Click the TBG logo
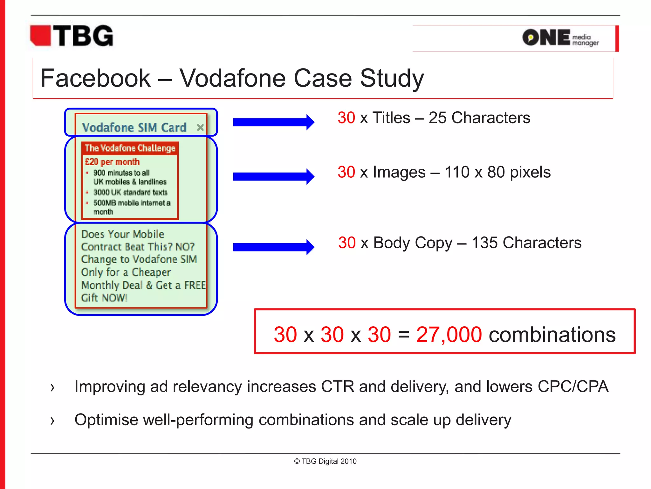tap(72, 36)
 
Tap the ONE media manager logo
tap(560, 38)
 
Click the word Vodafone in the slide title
tap(233, 78)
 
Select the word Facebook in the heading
tap(95, 78)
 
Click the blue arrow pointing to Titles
tap(273, 122)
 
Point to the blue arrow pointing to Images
tap(273, 176)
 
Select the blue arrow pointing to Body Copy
tap(273, 247)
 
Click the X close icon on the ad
tap(200, 127)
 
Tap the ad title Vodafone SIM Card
tap(134, 127)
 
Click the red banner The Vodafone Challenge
tap(130, 148)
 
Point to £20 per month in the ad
tap(112, 162)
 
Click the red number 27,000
tap(449, 335)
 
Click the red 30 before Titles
tap(346, 118)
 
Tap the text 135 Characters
tap(526, 243)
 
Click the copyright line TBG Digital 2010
tap(325, 461)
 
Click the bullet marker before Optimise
tap(52, 421)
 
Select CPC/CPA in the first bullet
tap(573, 386)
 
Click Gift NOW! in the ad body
tap(104, 298)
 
